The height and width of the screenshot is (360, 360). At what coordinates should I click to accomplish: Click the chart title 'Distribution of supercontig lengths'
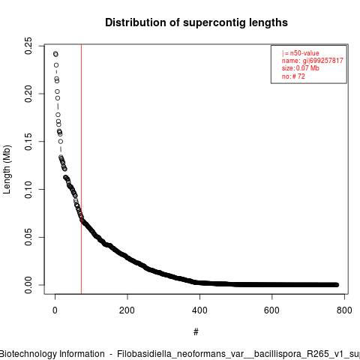point(196,22)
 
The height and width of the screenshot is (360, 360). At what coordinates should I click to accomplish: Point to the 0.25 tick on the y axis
point(28,46)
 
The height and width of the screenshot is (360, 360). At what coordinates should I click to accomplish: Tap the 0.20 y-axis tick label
point(28,94)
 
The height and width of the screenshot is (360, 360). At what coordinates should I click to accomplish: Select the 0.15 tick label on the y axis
point(28,142)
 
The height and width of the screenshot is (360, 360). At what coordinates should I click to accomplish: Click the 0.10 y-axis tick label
point(28,190)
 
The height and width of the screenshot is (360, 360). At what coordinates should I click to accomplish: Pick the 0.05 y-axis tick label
point(28,237)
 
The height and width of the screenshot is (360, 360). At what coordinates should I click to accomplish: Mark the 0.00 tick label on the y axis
point(28,285)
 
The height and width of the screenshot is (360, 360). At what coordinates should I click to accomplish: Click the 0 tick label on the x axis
point(55,310)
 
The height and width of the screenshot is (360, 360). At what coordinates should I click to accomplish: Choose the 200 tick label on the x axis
point(127,310)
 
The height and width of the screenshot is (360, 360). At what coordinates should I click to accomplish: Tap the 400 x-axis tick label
point(199,310)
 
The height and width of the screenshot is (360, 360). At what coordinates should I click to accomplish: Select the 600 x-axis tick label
point(271,310)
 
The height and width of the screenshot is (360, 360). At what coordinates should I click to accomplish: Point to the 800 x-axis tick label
point(344,310)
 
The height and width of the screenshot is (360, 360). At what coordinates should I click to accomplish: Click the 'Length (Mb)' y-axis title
point(7,169)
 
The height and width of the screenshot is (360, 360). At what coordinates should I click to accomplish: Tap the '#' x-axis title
point(196,332)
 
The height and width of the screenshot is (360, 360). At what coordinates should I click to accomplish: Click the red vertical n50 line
point(81,169)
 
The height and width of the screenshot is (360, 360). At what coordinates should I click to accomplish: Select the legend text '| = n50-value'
point(301,53)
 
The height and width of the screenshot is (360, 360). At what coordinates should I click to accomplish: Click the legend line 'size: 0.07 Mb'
point(301,68)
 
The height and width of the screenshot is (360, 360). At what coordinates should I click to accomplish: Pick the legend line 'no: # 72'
point(293,76)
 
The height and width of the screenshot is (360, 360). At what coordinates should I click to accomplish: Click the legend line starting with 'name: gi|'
point(313,61)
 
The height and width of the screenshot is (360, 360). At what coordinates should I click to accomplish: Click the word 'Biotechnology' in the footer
point(26,354)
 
